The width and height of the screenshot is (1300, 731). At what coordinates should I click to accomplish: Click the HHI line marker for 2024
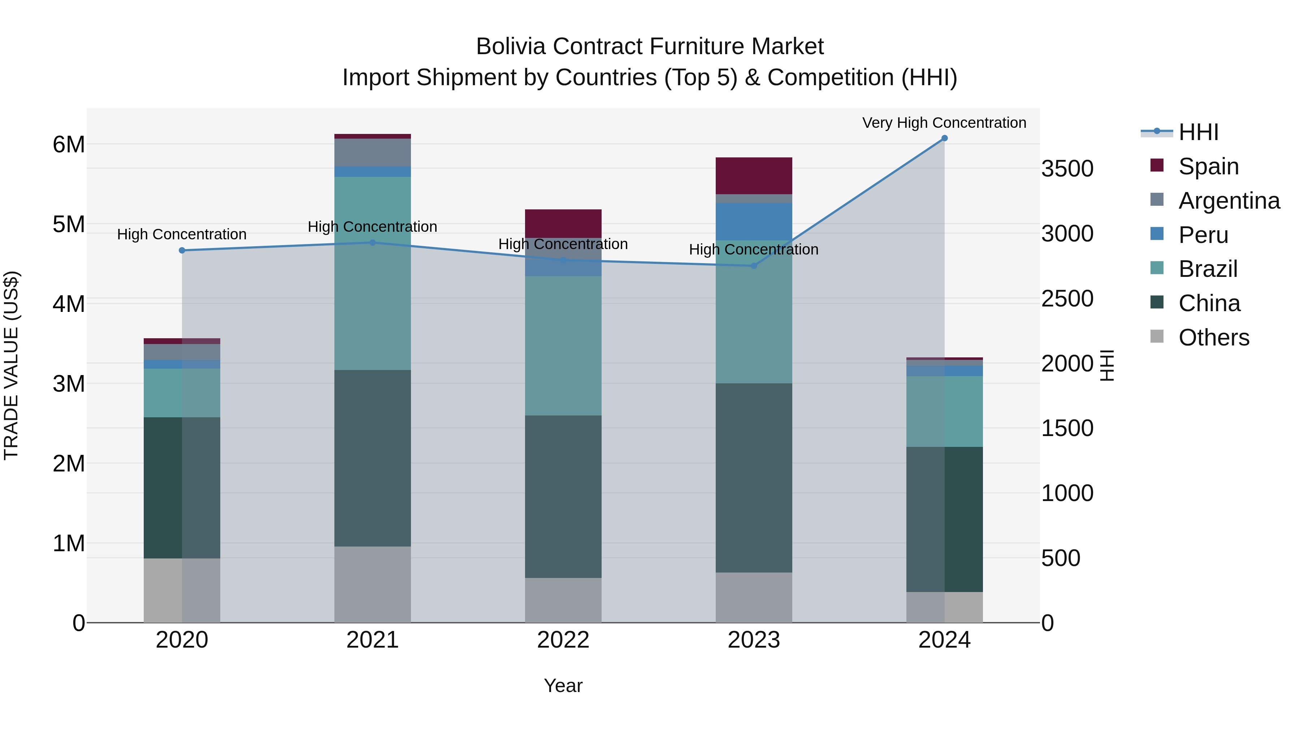click(x=944, y=138)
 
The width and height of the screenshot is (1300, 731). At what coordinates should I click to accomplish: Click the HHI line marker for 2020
click(x=182, y=250)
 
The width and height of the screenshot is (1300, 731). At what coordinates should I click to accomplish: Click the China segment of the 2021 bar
click(x=372, y=458)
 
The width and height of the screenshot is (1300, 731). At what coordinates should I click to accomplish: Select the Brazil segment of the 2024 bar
click(x=944, y=411)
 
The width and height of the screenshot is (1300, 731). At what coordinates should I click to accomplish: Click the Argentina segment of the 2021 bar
click(x=372, y=152)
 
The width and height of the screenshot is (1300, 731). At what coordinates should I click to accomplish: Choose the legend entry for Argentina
click(x=1229, y=201)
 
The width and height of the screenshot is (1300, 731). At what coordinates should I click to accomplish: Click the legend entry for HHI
click(x=1198, y=132)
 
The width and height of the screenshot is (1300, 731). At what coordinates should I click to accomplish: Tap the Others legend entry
click(x=1214, y=338)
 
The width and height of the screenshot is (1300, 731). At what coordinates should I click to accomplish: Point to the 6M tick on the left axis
click(x=69, y=145)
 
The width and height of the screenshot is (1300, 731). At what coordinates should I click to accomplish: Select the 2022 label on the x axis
click(x=563, y=640)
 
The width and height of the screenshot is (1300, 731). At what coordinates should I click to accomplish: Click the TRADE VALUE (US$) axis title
click(x=11, y=365)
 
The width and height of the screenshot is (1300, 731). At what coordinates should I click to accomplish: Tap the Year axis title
click(x=563, y=686)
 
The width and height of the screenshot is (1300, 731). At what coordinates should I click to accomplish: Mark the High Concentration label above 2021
click(x=372, y=226)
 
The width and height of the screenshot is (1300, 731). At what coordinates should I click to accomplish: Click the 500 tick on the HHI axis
click(x=1061, y=558)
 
